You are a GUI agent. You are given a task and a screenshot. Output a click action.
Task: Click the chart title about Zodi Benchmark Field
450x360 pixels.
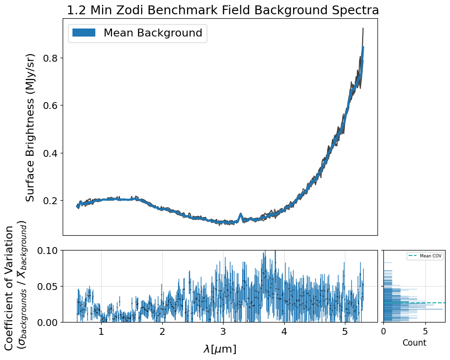tap(223, 10)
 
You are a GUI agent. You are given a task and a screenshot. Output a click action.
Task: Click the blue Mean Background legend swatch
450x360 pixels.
tap(83, 33)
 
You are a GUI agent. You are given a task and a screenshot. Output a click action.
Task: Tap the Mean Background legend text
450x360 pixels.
tap(152, 33)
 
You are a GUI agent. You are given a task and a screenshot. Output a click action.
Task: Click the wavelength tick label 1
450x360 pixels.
tap(101, 332)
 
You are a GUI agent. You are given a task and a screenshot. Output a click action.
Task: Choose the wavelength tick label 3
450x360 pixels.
tap(223, 332)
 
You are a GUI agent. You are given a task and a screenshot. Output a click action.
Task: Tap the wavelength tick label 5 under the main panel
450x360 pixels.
tap(345, 332)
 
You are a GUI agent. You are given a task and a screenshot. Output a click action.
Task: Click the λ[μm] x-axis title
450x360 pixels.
tap(220, 349)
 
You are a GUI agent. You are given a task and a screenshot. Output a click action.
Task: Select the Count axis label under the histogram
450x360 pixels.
tap(414, 343)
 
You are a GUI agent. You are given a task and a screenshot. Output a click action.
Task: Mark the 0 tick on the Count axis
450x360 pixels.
tap(384, 331)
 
